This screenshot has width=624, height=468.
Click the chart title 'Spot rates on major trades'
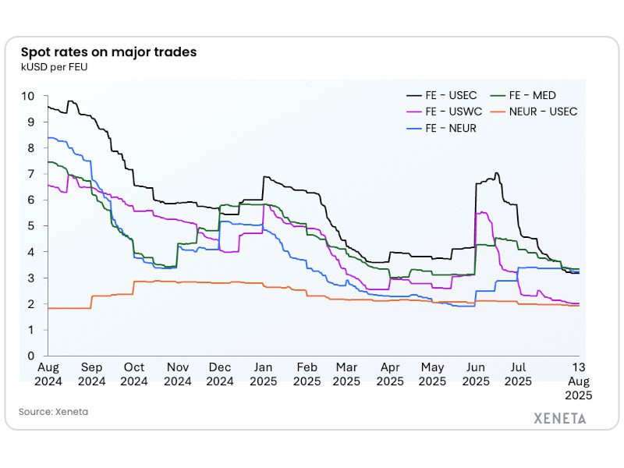[x=108, y=52]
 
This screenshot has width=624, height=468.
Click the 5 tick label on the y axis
[x=31, y=226]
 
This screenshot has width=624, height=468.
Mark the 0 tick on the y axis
[x=31, y=356]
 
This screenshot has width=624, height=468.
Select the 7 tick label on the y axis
[x=31, y=174]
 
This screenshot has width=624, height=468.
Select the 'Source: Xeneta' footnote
[x=53, y=412]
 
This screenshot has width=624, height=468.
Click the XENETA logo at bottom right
[x=559, y=417]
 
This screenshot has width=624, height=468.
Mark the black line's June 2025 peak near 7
[x=496, y=173]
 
